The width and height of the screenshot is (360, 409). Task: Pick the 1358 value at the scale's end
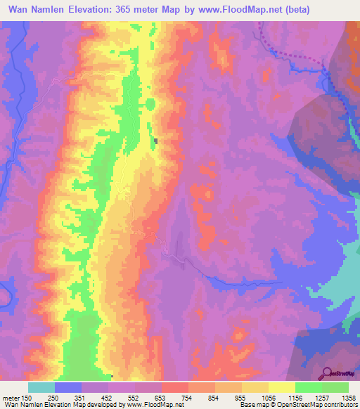pos(347,398)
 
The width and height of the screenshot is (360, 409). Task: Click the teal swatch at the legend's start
pos(41,387)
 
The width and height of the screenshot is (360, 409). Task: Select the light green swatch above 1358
pos(335,387)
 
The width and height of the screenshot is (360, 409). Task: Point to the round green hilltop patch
pos(150,105)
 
